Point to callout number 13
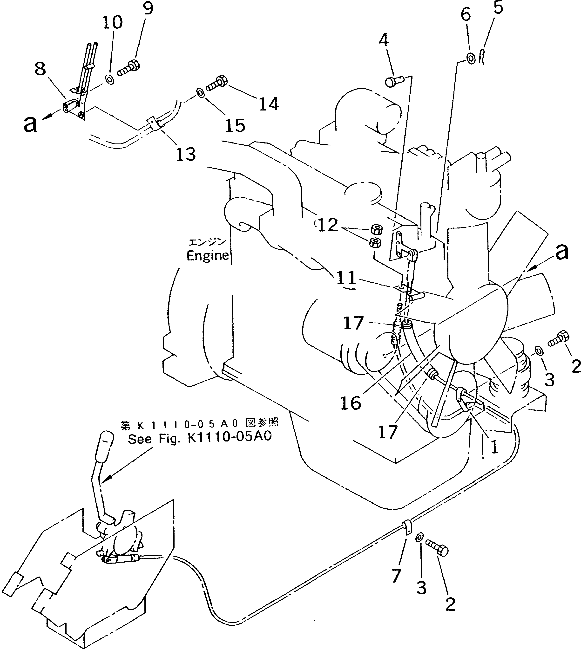pos(186,155)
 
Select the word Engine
pos(208,256)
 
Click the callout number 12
pos(328,225)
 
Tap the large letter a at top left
pos(30,124)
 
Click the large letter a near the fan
pos(562,252)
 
